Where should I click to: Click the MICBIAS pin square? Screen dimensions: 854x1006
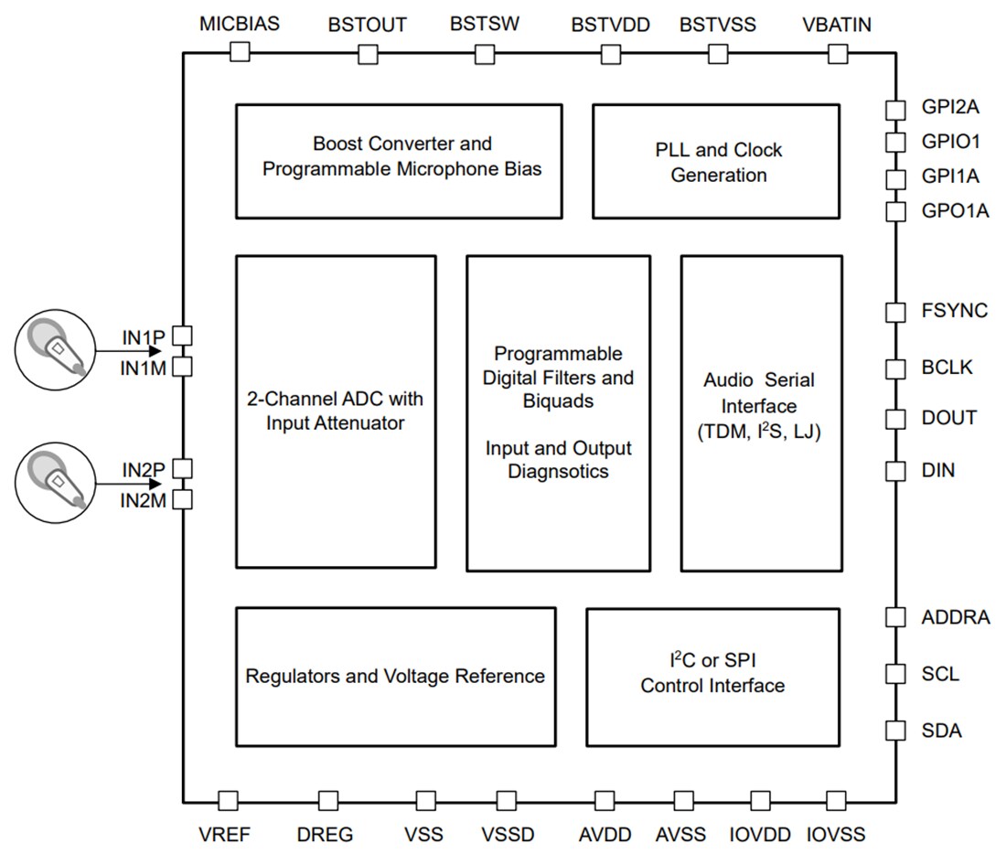(x=240, y=52)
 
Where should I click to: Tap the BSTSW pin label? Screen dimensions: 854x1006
(x=485, y=24)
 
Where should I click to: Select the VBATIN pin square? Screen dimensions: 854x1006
(x=837, y=54)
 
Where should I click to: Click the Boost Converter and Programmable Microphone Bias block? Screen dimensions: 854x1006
(x=399, y=160)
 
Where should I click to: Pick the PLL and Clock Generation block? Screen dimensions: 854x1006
(x=716, y=160)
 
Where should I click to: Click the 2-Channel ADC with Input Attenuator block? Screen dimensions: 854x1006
(x=336, y=412)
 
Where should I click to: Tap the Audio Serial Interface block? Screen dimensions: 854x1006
(x=762, y=412)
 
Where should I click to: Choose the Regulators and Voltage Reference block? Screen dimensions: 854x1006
(x=395, y=677)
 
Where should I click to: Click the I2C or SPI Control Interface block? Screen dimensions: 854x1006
(x=712, y=677)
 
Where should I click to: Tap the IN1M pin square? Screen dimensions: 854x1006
(x=182, y=367)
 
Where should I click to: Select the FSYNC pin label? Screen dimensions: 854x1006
(x=954, y=311)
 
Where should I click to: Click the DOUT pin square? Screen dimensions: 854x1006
(x=895, y=419)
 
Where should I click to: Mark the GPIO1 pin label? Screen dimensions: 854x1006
(x=950, y=142)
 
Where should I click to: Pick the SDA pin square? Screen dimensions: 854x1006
(x=895, y=730)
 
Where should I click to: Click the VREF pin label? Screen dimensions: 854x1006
(x=224, y=834)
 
